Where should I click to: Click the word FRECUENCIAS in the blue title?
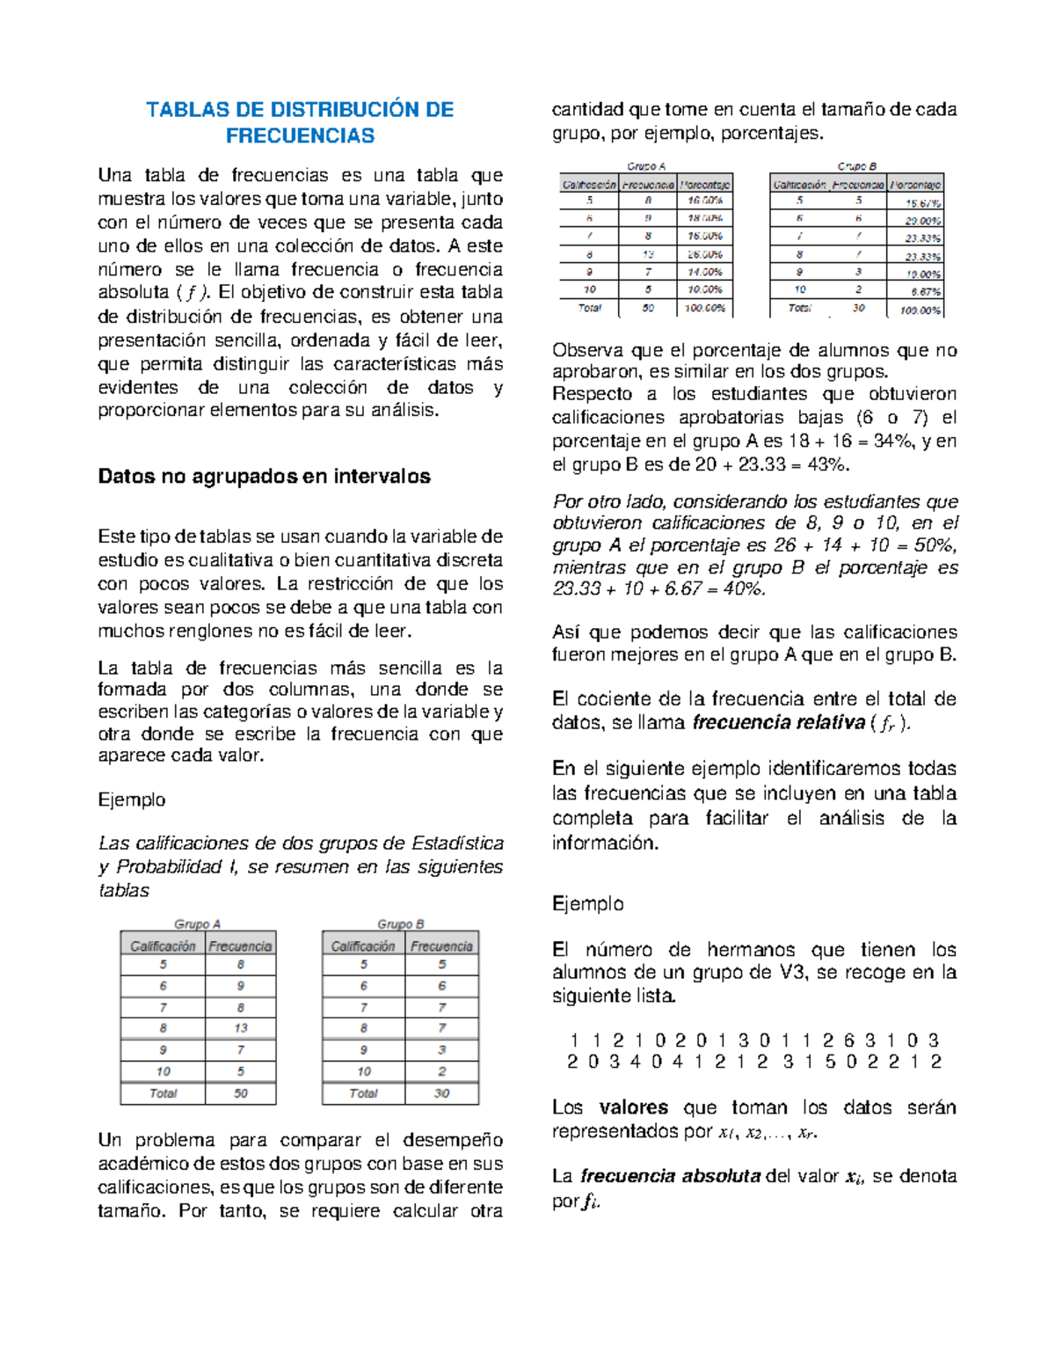[300, 135]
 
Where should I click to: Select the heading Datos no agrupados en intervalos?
[264, 477]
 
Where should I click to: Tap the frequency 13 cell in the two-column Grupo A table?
[240, 1027]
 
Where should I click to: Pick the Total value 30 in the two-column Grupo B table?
[441, 1093]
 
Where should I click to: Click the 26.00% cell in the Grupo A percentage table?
[704, 254]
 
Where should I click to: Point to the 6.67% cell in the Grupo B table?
[925, 291]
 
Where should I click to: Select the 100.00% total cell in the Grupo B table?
[920, 310]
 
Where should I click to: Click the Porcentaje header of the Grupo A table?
[704, 185]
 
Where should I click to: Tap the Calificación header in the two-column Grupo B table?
[362, 946]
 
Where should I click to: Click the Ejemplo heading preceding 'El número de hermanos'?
[587, 903]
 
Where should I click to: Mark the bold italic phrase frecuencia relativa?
[779, 723]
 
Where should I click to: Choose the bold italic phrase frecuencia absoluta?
[670, 1176]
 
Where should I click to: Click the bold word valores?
[633, 1107]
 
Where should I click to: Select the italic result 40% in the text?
[743, 589]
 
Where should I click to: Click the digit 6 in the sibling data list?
[848, 1040]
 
